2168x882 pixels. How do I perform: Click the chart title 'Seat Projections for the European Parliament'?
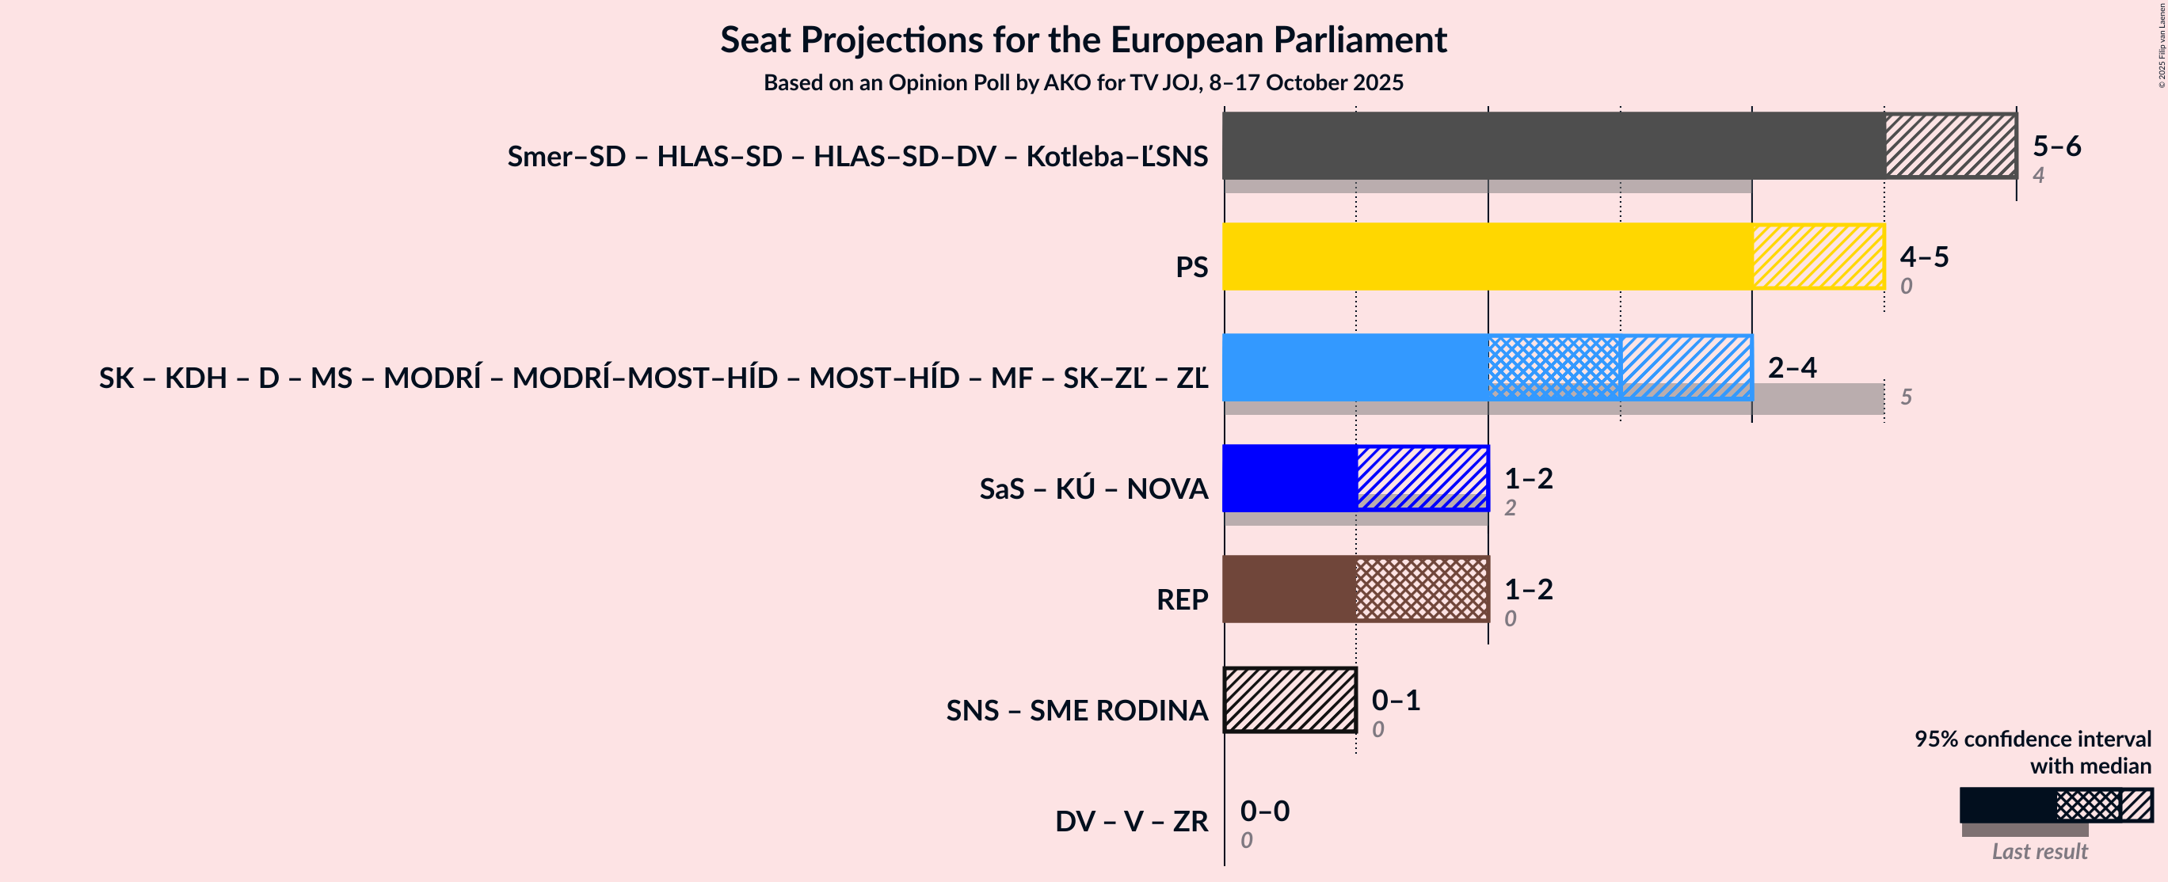click(1083, 40)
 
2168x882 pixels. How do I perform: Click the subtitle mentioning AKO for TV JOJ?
click(1083, 82)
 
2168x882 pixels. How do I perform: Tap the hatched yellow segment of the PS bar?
click(1818, 257)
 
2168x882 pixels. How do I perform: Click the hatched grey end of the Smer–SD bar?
click(1950, 146)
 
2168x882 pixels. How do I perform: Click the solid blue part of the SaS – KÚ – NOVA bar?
click(1289, 478)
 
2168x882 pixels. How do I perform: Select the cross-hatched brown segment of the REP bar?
click(1422, 589)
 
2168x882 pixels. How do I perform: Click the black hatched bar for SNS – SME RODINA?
click(1290, 699)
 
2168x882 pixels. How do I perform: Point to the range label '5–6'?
click(2056, 146)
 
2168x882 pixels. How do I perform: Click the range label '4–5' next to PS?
click(1924, 256)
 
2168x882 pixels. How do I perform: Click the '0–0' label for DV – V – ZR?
click(1264, 811)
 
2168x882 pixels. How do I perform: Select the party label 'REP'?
click(1182, 599)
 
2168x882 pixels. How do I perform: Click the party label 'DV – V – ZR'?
click(1131, 820)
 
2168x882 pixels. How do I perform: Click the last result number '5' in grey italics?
click(1907, 397)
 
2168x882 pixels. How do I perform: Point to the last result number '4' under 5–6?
click(2038, 175)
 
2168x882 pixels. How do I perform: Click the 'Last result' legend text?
click(2038, 851)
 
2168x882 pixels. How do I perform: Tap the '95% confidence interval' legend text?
click(2032, 739)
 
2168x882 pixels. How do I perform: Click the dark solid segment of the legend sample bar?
click(2007, 804)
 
